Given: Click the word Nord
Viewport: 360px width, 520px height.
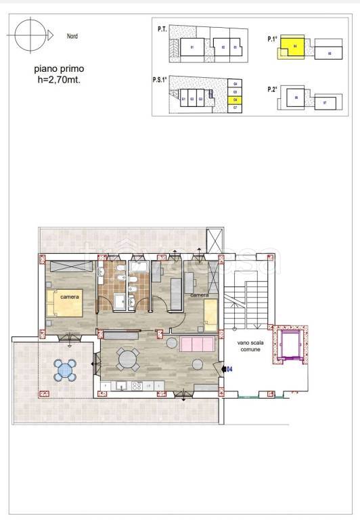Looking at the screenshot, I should (x=72, y=36).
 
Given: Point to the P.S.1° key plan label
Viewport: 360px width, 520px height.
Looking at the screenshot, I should (x=160, y=79).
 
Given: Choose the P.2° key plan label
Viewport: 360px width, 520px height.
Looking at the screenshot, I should (x=273, y=89).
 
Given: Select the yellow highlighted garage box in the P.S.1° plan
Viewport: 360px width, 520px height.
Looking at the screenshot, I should (x=234, y=100).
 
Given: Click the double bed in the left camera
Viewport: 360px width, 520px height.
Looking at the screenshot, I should (x=65, y=303).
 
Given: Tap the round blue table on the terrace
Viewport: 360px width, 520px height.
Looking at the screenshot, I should (x=66, y=370).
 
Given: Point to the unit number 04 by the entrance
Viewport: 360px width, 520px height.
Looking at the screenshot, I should (x=229, y=369).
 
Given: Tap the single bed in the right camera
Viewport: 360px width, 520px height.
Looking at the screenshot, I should (x=210, y=316).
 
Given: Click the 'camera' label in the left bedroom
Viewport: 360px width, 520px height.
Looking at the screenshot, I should (x=69, y=297).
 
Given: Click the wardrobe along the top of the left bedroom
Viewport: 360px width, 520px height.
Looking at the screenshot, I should (x=70, y=266).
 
